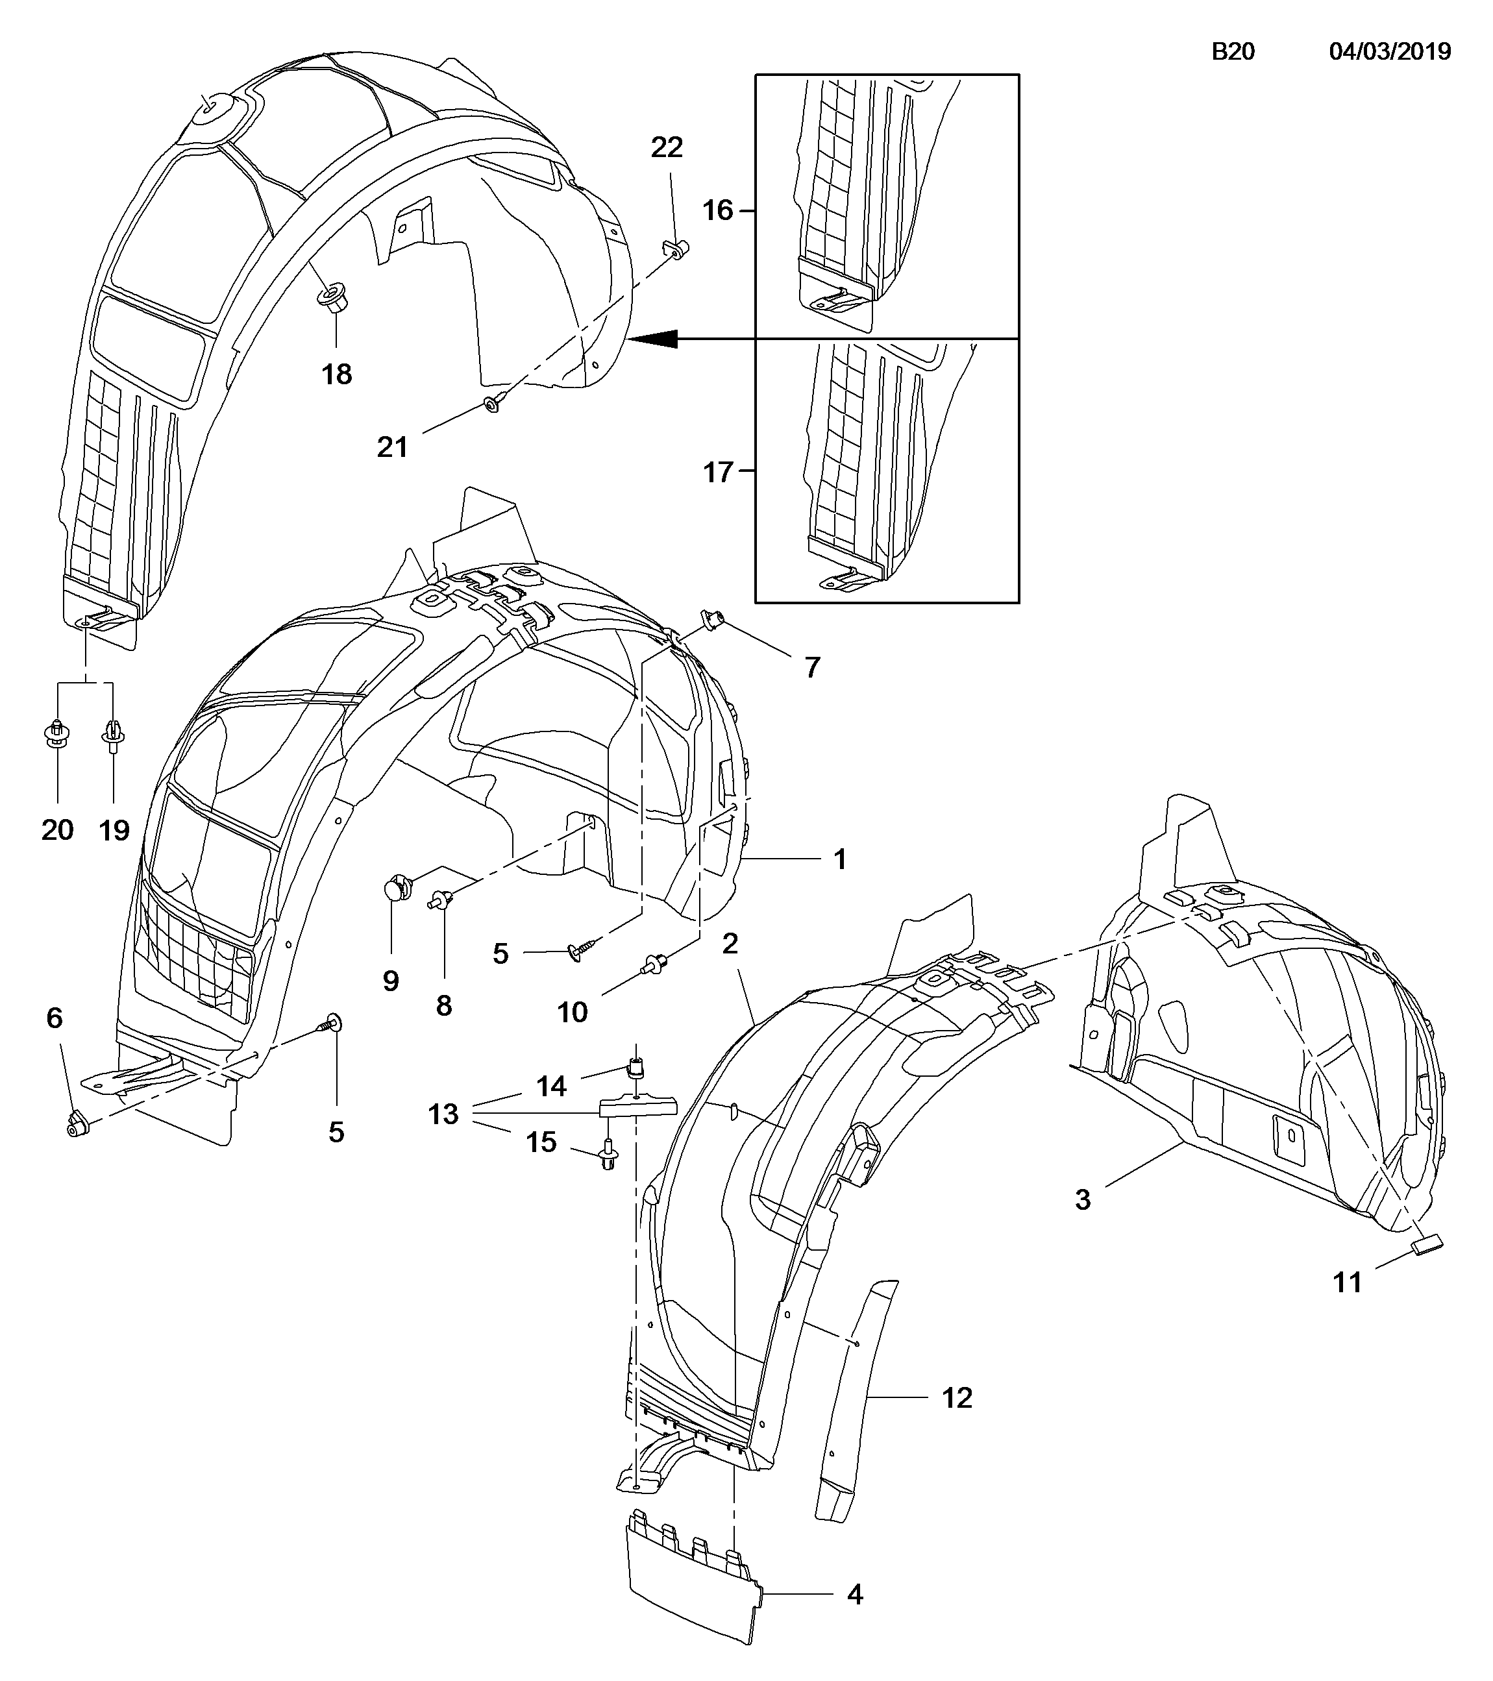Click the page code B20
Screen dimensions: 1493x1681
click(x=1233, y=52)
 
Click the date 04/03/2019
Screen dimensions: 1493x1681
click(x=1390, y=52)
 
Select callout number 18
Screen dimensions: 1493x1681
click(x=336, y=374)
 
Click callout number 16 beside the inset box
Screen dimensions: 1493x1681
click(x=717, y=210)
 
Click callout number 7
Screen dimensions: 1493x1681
click(x=812, y=667)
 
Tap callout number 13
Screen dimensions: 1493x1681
click(x=443, y=1114)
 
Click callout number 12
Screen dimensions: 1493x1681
click(x=957, y=1397)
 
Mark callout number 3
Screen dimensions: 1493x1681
click(x=1083, y=1200)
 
